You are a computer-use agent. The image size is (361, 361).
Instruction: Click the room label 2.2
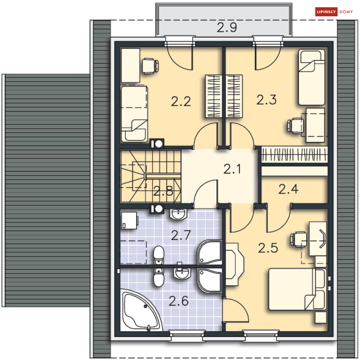tap(181, 102)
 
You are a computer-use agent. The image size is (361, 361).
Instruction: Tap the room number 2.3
tap(266, 100)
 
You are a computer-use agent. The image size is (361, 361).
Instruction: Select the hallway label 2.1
tap(232, 169)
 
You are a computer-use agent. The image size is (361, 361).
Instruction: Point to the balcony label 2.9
tap(227, 28)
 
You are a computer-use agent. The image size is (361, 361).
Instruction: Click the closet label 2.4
tap(288, 189)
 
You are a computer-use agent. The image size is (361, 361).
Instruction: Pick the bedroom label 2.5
tap(268, 248)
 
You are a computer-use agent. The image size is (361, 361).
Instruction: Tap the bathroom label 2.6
tap(179, 301)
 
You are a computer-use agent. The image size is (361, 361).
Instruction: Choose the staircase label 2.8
tap(163, 191)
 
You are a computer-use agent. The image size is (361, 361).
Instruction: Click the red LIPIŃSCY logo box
tap(326, 12)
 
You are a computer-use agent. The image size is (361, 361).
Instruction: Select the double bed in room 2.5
tap(298, 289)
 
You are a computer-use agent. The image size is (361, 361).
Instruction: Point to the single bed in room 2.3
tap(312, 77)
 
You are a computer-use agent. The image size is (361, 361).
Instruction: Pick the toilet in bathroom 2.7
tap(159, 255)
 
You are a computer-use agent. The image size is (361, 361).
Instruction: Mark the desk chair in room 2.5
tap(298, 239)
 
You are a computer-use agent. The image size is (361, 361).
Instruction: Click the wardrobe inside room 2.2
tap(214, 96)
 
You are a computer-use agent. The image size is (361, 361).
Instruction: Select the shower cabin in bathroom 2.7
tap(209, 252)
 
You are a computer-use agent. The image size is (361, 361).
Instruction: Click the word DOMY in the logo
tap(346, 12)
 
